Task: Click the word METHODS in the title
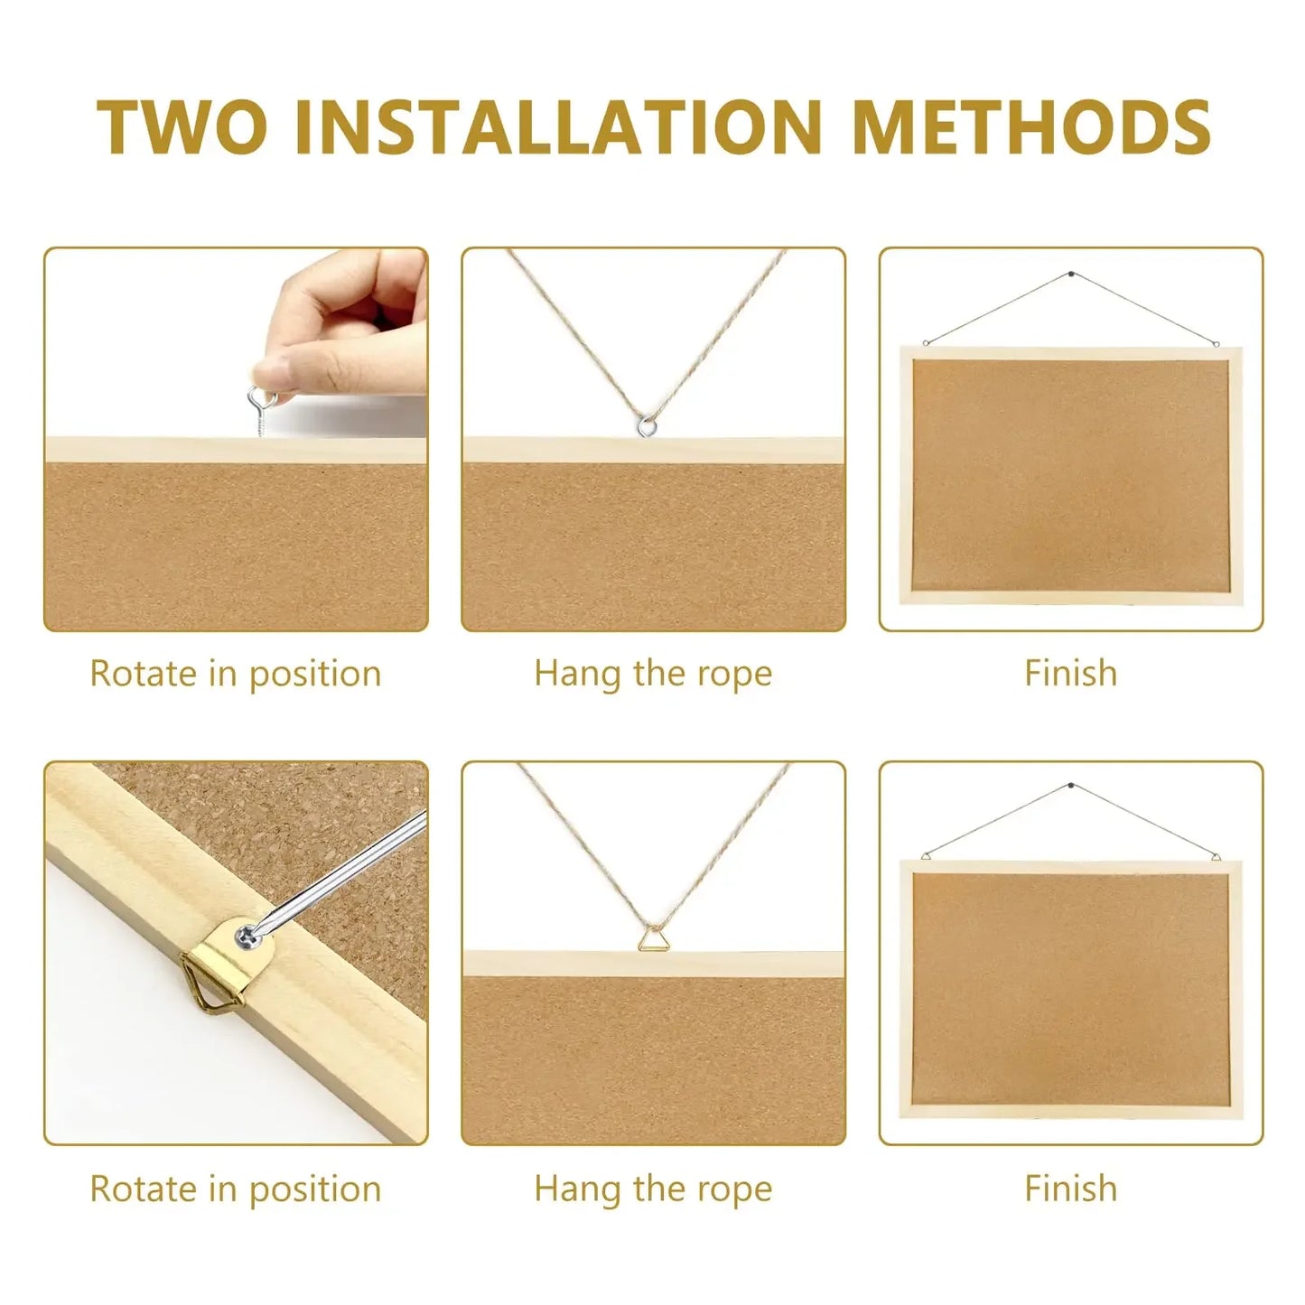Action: [x=1030, y=126]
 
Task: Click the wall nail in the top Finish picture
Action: [x=1071, y=272]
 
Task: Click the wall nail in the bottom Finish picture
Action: [x=1071, y=786]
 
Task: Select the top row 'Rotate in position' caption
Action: [x=236, y=674]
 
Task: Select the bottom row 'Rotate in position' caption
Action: [x=236, y=1188]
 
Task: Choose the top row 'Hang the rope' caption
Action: [x=653, y=674]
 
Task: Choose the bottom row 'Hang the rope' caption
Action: [x=653, y=1188]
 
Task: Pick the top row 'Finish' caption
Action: [x=1070, y=674]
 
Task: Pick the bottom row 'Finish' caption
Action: [x=1070, y=1188]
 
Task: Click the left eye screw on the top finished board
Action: [x=926, y=342]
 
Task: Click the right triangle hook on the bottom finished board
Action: [x=1216, y=856]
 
